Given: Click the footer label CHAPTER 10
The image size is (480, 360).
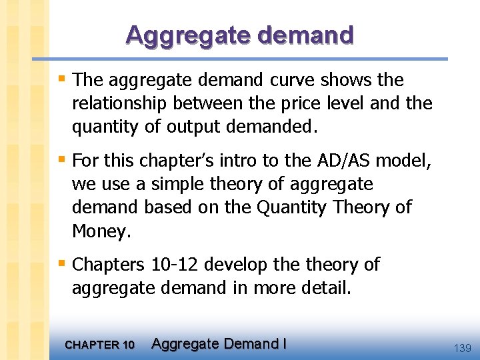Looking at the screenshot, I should (x=100, y=345).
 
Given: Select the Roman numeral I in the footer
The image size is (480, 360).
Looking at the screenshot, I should (x=285, y=344).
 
